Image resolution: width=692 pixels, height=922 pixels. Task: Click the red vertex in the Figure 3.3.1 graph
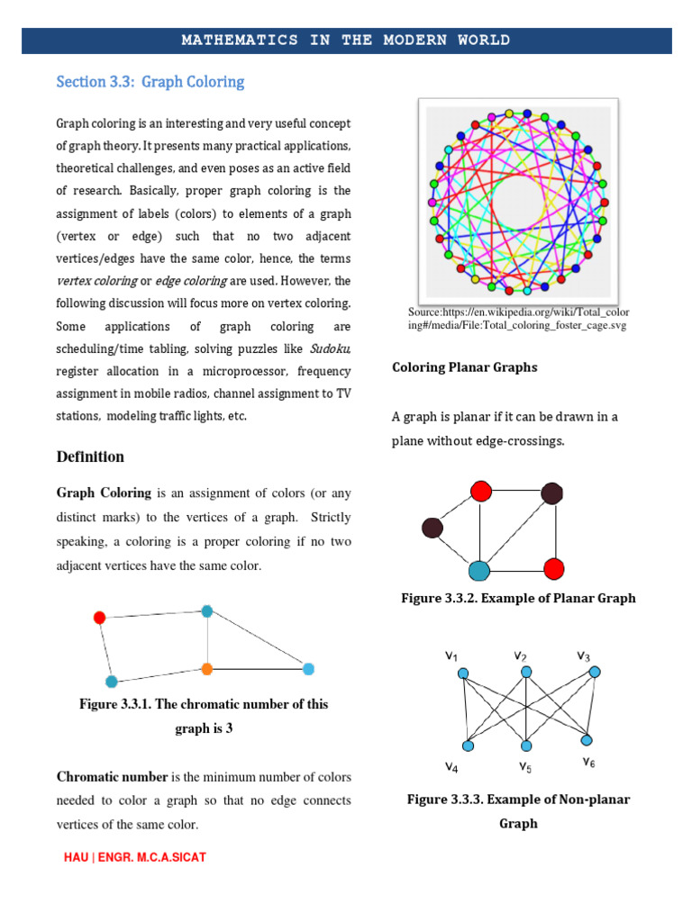[x=99, y=618]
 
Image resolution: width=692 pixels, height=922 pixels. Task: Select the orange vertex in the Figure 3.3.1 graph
[x=207, y=669]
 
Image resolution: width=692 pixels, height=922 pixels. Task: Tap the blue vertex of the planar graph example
[x=479, y=570]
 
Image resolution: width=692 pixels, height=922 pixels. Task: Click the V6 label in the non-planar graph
[x=588, y=762]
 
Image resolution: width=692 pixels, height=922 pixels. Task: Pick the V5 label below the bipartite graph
[x=524, y=767]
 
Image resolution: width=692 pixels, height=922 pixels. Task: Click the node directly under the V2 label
[x=526, y=673]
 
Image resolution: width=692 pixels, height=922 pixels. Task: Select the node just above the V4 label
[x=468, y=746]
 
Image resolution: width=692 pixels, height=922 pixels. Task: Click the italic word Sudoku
[x=330, y=349]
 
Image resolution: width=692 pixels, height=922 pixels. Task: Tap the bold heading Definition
[x=90, y=456]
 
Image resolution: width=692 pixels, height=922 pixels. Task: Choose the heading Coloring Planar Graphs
[x=465, y=367]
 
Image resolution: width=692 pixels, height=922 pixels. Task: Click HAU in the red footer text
[x=77, y=857]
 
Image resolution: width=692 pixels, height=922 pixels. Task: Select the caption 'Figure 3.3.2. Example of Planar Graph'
[x=518, y=599]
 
